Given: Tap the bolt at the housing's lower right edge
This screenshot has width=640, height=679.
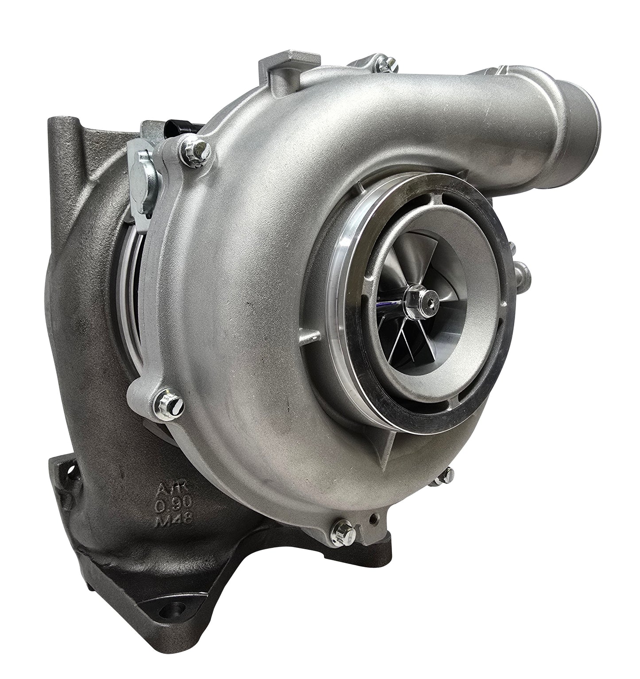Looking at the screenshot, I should click(x=444, y=475).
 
